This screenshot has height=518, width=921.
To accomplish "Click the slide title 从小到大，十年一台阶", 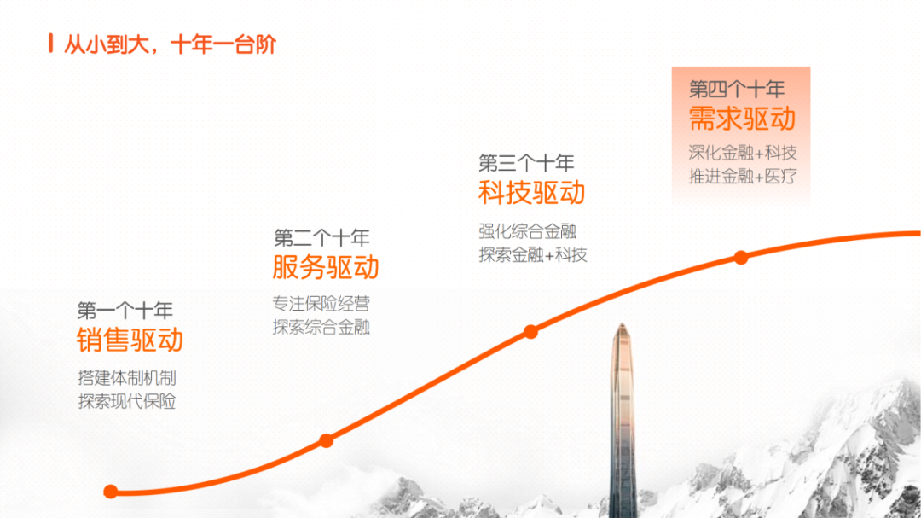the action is tap(170, 44).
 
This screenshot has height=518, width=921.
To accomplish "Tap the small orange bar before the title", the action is tap(51, 44).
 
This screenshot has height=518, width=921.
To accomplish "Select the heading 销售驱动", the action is tap(130, 340).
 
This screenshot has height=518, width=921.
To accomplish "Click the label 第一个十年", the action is tap(125, 311).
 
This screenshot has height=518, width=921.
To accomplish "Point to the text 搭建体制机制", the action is tap(127, 378).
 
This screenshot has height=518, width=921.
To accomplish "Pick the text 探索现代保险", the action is tap(127, 402).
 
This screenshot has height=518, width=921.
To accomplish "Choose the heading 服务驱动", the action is tap(326, 267).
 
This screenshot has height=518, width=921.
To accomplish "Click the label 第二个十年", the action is tap(321, 238).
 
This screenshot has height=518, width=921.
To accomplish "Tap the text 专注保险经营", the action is tap(321, 304).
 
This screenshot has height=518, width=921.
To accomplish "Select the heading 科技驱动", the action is tap(531, 193).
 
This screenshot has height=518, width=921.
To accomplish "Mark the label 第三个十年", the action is tap(526, 163).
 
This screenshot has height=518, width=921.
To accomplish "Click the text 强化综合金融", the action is tap(528, 231).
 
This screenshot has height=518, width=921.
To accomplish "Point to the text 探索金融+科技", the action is tap(533, 255).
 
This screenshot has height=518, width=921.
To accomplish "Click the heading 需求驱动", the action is tap(742, 119).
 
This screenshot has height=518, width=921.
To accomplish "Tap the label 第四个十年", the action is tap(737, 90).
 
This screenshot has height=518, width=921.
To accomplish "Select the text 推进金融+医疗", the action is tap(743, 177).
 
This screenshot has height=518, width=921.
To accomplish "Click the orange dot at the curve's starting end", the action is tap(110, 492).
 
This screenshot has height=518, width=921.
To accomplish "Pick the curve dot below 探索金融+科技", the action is tap(531, 332).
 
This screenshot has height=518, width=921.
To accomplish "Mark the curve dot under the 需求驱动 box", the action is tap(741, 258).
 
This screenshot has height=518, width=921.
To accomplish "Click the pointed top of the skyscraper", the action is tap(622, 324).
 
